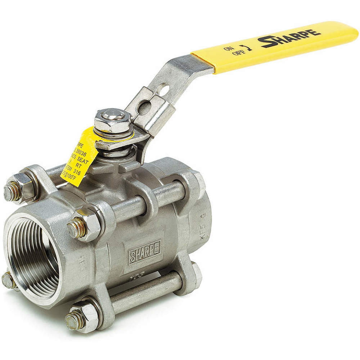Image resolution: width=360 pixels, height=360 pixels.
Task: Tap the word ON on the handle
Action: pyautogui.click(x=229, y=48)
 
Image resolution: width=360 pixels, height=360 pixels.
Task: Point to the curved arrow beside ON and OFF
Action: pyautogui.click(x=247, y=47)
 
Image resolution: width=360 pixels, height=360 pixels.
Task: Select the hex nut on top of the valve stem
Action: pyautogui.click(x=113, y=120)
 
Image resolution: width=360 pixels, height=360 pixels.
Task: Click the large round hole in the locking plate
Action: pyautogui.click(x=144, y=107)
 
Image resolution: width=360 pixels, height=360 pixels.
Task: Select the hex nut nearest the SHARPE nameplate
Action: pyautogui.click(x=85, y=225)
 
